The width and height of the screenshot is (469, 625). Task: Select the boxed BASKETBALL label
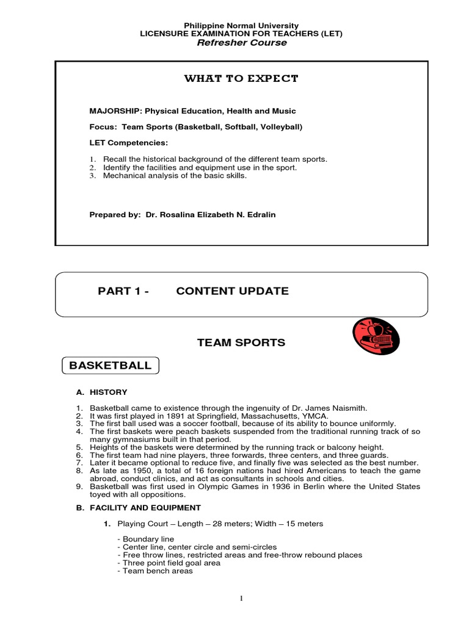111,366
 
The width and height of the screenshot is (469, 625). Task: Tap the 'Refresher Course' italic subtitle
241,43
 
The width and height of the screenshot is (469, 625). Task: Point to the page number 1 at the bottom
242,599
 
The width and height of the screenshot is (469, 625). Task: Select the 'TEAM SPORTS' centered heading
241,342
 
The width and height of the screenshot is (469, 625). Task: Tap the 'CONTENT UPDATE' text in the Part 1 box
232,291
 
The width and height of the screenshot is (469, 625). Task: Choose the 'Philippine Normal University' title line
241,26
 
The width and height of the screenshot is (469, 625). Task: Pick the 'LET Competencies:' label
120,143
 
